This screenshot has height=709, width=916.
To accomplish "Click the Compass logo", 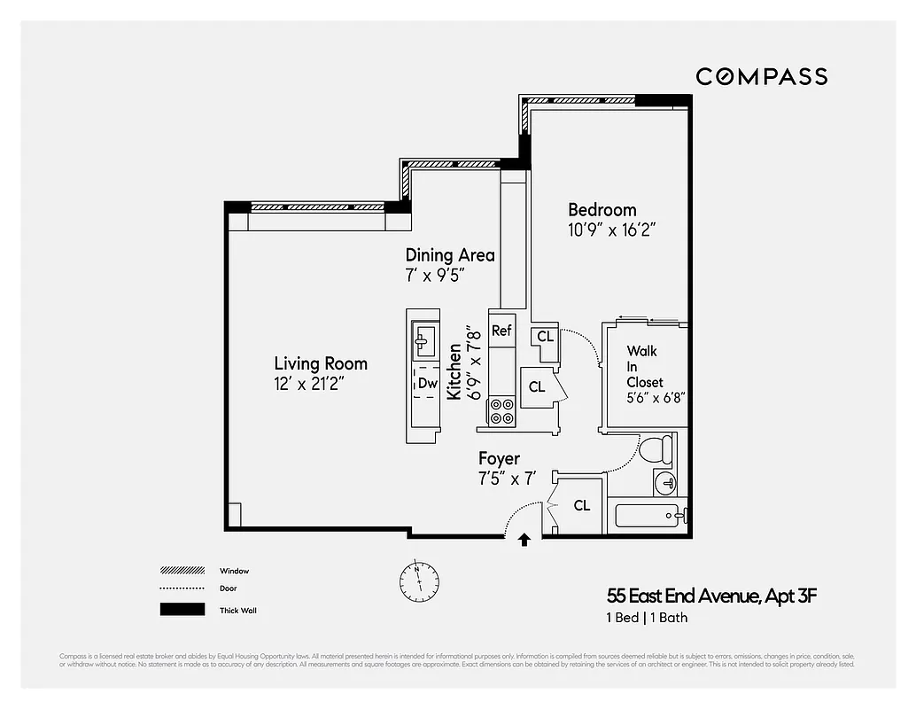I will [x=761, y=77].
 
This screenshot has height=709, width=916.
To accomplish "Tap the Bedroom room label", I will [x=602, y=210].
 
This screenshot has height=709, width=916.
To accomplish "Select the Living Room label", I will [x=320, y=363].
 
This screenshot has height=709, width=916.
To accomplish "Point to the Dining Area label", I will [x=449, y=255].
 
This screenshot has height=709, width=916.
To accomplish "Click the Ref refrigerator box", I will [x=501, y=331].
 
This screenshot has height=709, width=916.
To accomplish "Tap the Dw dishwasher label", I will [x=427, y=384].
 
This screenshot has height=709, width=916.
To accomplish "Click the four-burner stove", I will [x=501, y=411].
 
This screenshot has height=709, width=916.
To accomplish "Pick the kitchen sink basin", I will [x=425, y=339].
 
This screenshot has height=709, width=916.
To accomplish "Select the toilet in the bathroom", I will [x=656, y=448].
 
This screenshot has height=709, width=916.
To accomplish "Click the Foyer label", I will [x=499, y=459].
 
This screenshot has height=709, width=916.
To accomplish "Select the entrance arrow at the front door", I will [x=524, y=539].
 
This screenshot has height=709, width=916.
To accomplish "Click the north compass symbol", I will [x=418, y=580].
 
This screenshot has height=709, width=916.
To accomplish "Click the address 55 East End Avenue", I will [x=711, y=596].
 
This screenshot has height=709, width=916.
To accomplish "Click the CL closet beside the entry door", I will [x=581, y=505].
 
